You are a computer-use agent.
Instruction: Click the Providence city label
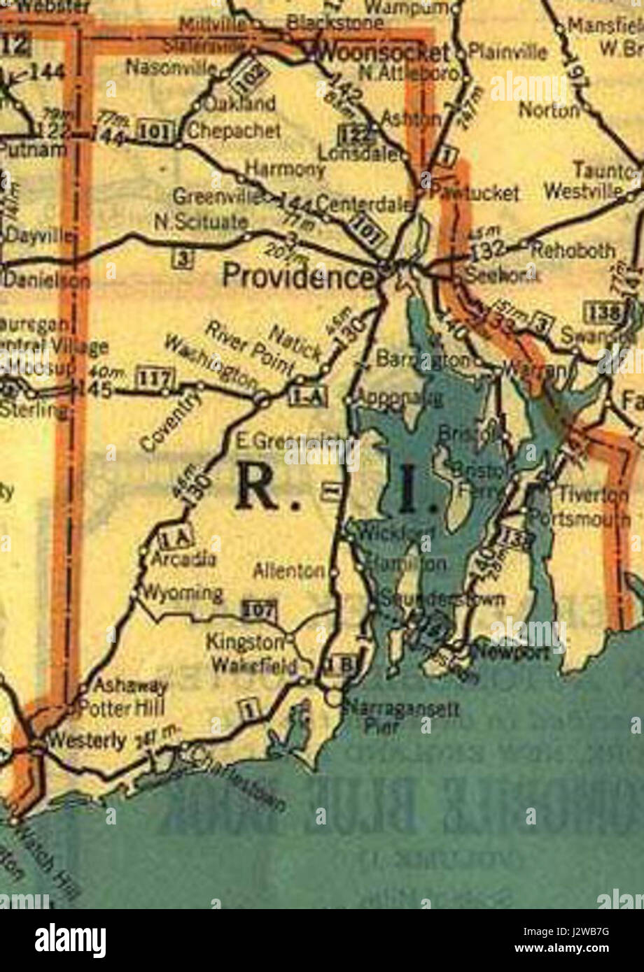coord(297,277)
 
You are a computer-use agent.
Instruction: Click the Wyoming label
coord(182,594)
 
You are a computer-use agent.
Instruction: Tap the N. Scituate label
coord(200,222)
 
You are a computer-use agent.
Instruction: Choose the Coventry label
coord(170,421)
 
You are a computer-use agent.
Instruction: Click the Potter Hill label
coord(122,708)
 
